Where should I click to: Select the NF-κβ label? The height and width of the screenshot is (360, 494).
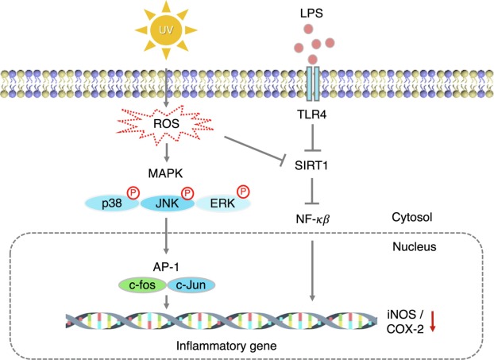click(312, 216)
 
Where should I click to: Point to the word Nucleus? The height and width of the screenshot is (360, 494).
click(415, 247)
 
